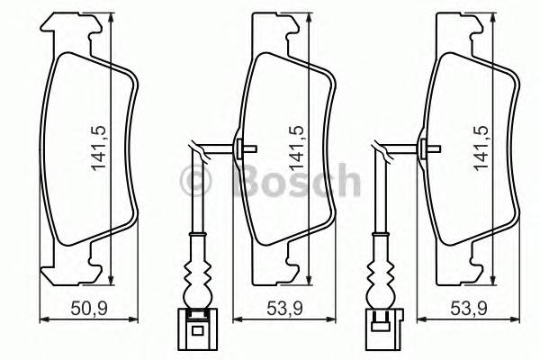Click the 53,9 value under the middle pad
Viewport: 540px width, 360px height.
tap(284, 309)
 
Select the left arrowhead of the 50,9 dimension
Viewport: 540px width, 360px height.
tap(45, 318)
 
